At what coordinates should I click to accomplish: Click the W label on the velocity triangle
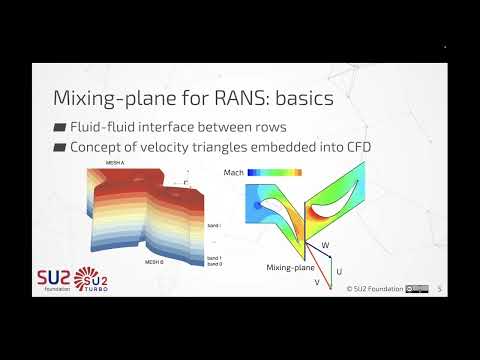pyautogui.click(x=324, y=244)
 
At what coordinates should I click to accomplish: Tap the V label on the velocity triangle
pyautogui.click(x=318, y=283)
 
